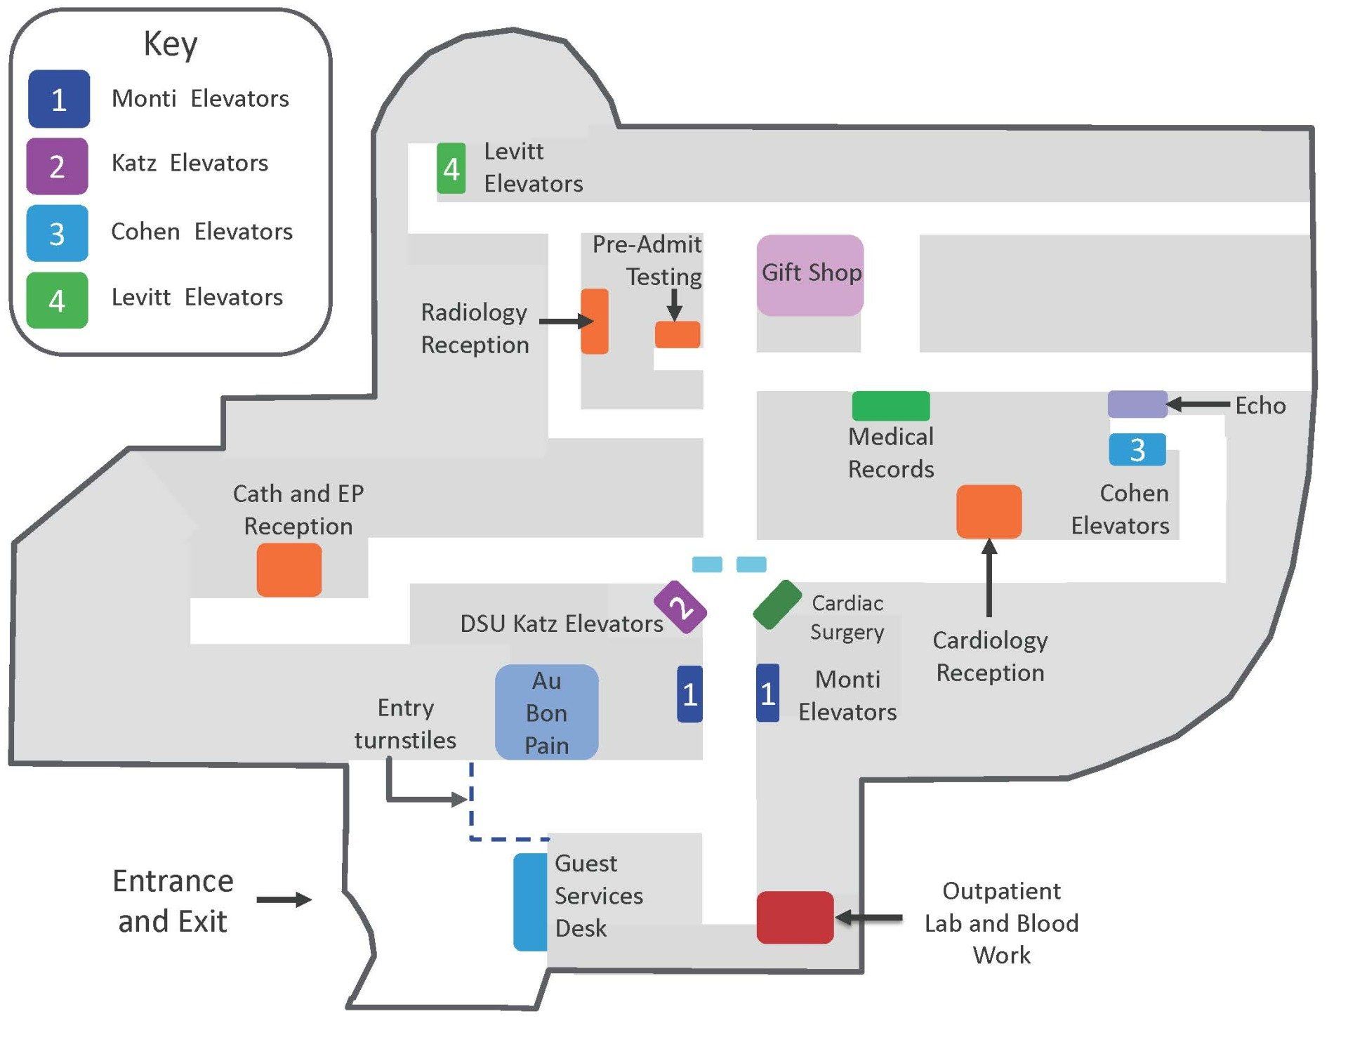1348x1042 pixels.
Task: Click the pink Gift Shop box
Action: click(810, 275)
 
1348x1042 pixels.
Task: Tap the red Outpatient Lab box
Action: click(795, 917)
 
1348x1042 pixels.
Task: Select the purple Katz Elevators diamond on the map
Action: click(680, 607)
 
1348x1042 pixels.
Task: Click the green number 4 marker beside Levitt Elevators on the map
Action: click(451, 169)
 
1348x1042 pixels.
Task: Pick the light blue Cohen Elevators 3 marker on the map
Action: click(1137, 449)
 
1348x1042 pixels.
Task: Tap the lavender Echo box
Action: click(1137, 404)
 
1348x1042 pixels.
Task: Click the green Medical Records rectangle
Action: click(891, 406)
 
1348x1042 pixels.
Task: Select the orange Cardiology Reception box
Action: click(989, 511)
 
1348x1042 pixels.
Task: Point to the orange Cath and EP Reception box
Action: click(289, 569)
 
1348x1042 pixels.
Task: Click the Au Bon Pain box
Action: click(547, 712)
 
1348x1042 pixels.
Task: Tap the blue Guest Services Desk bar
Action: click(530, 902)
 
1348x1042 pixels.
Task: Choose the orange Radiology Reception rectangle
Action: click(595, 321)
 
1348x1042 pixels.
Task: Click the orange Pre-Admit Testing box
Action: click(678, 334)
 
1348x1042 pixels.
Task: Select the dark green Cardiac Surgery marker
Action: click(777, 605)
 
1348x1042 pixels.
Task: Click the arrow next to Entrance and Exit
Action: click(284, 899)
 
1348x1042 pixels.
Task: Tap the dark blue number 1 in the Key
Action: click(59, 99)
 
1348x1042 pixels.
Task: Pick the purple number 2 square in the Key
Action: click(57, 166)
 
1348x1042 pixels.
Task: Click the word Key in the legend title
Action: click(171, 45)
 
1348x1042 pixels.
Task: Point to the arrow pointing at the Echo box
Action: click(1198, 404)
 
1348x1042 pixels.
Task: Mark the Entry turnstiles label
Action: click(405, 724)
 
